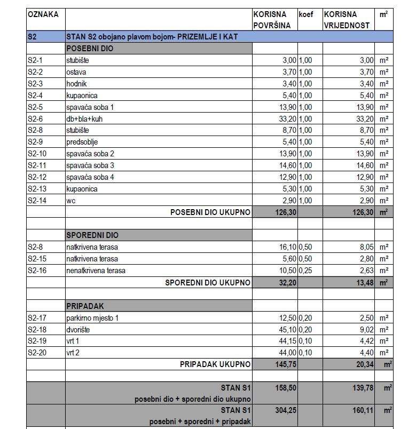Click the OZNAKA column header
pos(43,14)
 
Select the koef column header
pos(306,14)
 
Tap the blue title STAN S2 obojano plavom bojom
pos(152,37)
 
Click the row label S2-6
pos(35,119)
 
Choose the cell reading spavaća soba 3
pos(90,165)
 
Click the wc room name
pos(70,201)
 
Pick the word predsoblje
pos(82,142)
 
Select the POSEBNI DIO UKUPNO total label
pos(210,212)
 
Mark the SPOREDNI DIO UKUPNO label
pos(208,282)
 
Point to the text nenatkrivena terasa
pos(96,271)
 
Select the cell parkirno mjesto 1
pos(92,318)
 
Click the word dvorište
pos(78,330)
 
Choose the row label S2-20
pos(36,353)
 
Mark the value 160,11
pos(360,410)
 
